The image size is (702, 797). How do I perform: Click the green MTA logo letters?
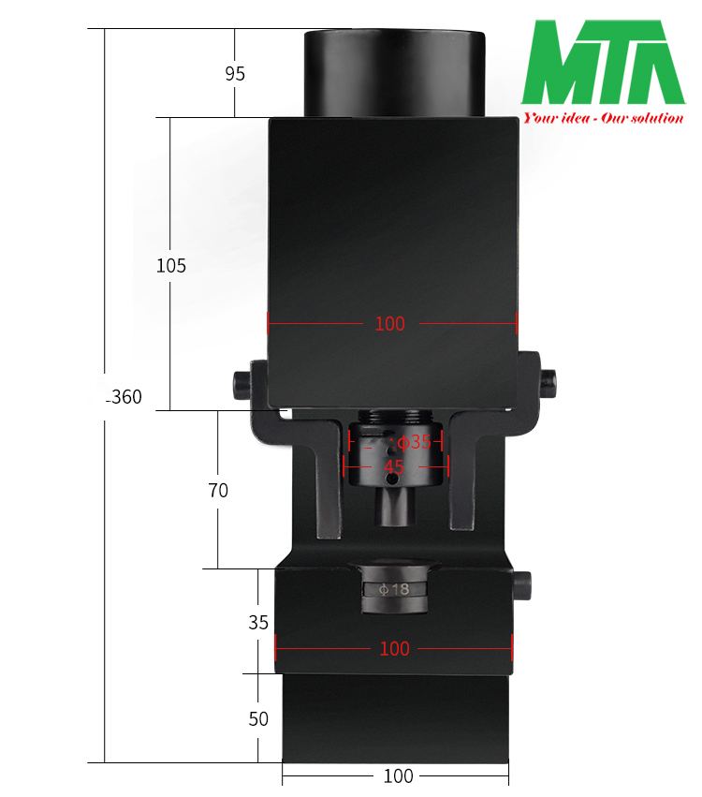pos(604,64)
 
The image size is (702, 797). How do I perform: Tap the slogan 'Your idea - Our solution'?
pos(604,118)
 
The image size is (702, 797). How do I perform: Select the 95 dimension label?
pos(235,73)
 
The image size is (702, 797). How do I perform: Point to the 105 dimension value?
pos(171,266)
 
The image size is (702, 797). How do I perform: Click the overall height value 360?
pos(125,397)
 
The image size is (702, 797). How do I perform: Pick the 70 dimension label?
pos(218,490)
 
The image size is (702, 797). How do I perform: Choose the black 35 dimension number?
pos(258,622)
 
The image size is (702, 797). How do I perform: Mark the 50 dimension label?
pos(258,719)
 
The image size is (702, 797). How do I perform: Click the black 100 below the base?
pos(398,776)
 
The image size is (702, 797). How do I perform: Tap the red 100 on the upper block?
pos(389,324)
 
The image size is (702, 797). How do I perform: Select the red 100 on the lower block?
pos(394,648)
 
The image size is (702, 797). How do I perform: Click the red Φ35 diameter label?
pos(414,442)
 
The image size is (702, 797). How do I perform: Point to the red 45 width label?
pos(394,465)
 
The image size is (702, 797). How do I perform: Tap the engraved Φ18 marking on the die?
pos(394,590)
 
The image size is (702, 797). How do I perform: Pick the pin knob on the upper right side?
pos(548,379)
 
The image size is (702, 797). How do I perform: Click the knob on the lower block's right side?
pos(524,585)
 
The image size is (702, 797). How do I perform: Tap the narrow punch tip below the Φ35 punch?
pos(394,507)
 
